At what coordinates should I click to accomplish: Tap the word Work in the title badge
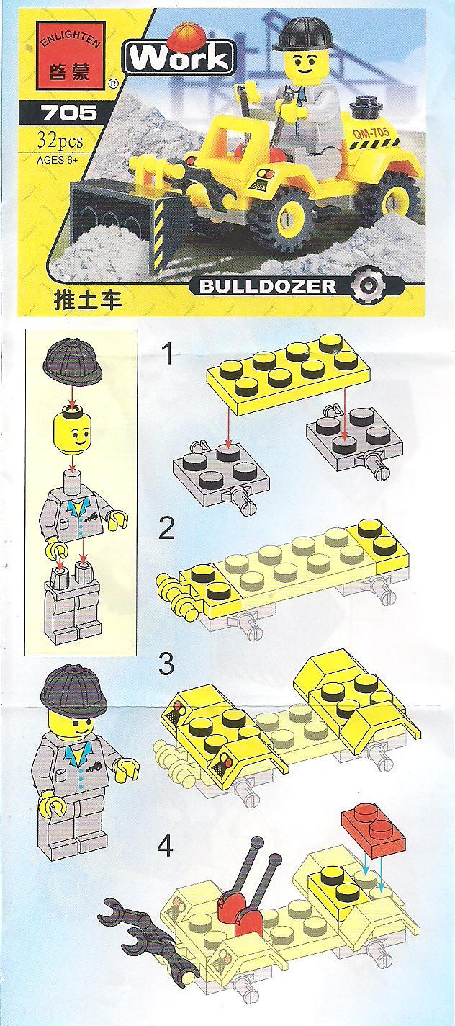click(x=179, y=58)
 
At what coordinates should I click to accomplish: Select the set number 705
click(x=70, y=112)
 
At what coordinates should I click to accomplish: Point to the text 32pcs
click(x=60, y=140)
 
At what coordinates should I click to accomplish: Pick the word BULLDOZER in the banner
click(x=268, y=286)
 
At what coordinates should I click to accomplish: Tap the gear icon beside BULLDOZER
click(x=368, y=286)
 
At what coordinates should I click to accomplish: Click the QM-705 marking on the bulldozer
click(x=371, y=134)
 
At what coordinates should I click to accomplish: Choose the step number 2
click(x=166, y=527)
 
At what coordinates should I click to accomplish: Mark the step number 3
click(x=166, y=664)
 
